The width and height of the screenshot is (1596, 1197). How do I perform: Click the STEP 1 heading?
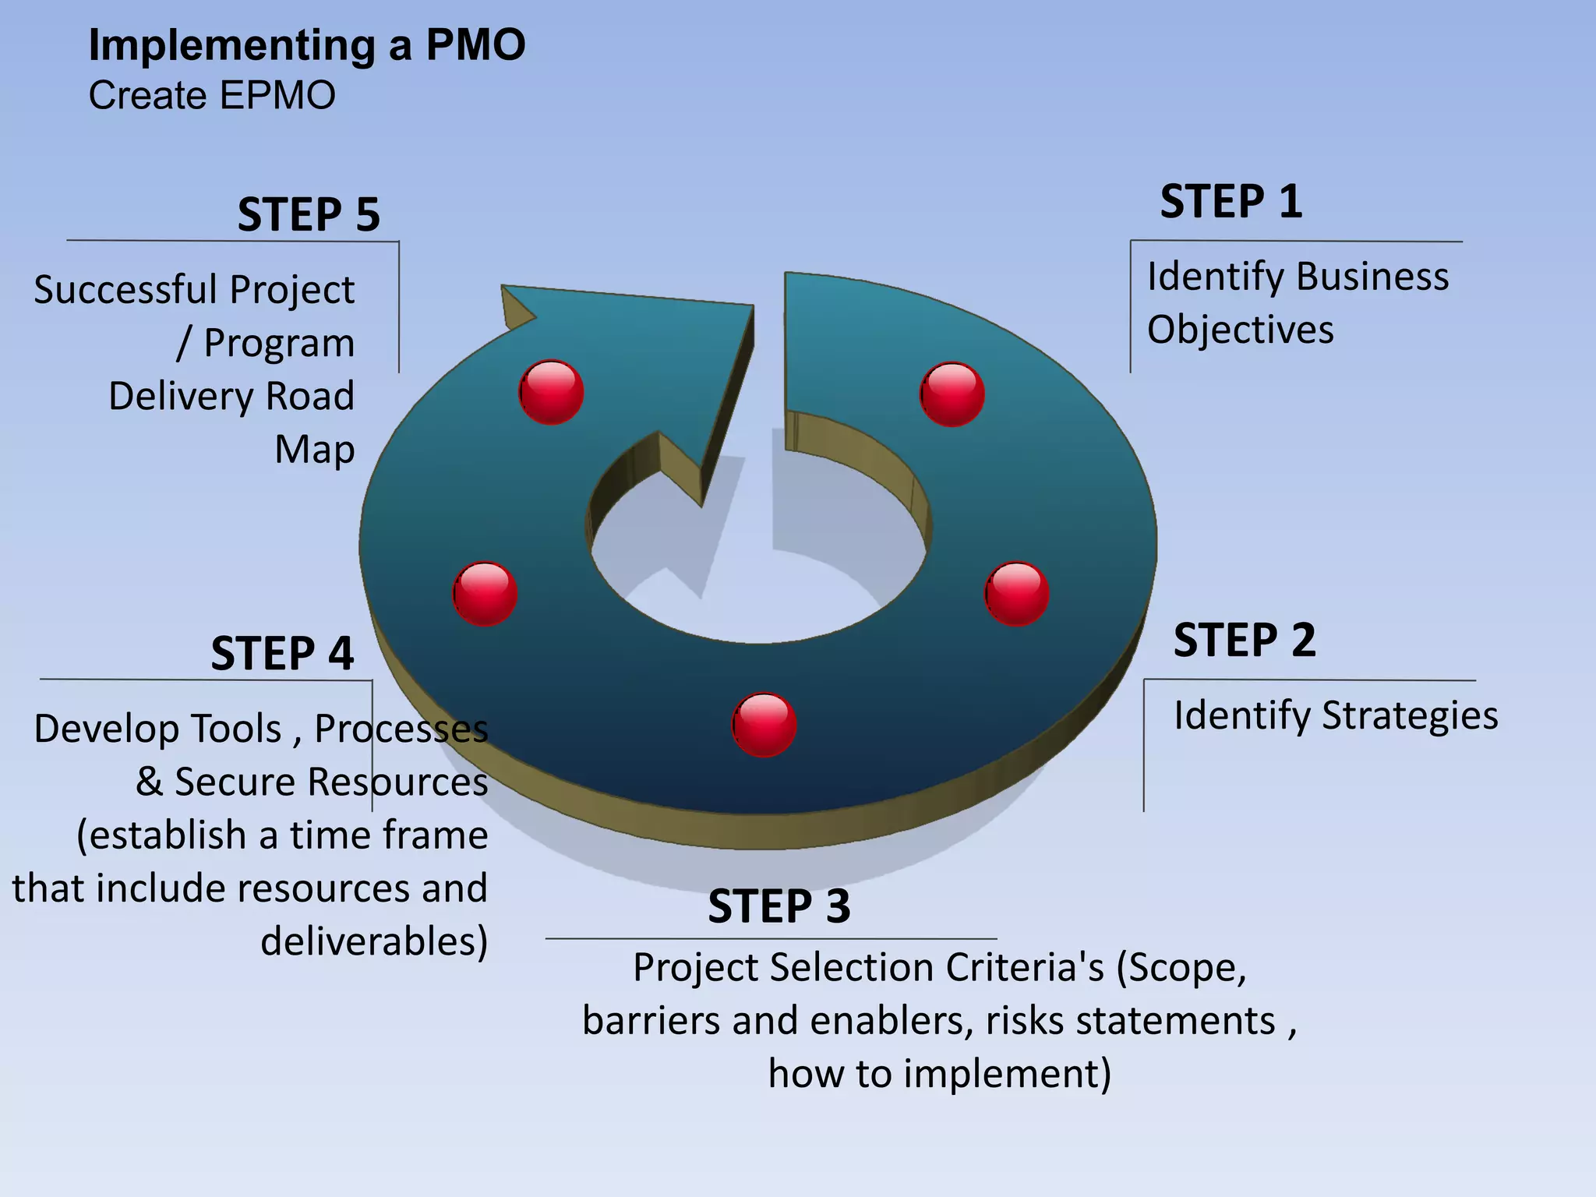(x=1231, y=202)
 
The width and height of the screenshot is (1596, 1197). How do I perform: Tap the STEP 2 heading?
(x=1245, y=641)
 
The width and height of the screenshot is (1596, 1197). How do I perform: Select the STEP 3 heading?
(x=779, y=906)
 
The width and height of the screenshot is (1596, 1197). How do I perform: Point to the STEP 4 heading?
(x=282, y=653)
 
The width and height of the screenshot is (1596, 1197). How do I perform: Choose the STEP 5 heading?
(x=309, y=214)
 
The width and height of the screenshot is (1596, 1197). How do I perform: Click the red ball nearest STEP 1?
(x=952, y=394)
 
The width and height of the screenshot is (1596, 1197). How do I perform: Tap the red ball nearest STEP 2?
(x=1016, y=594)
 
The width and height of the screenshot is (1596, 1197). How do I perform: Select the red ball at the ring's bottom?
(x=764, y=725)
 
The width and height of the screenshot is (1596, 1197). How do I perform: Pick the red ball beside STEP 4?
(x=485, y=594)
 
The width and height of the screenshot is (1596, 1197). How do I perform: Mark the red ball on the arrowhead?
(x=551, y=392)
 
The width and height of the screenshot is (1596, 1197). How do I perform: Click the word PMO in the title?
(x=475, y=45)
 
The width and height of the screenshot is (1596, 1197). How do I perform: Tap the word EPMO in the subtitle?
(x=277, y=96)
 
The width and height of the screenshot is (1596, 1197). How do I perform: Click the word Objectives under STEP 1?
(x=1240, y=330)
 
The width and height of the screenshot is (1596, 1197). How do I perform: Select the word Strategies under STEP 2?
(x=1410, y=716)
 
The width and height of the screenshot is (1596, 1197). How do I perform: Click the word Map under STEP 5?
(x=315, y=450)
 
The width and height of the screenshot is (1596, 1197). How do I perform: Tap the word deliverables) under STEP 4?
(x=374, y=941)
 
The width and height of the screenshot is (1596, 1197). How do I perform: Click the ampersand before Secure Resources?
(x=149, y=782)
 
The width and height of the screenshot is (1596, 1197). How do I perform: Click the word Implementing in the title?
(x=232, y=45)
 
